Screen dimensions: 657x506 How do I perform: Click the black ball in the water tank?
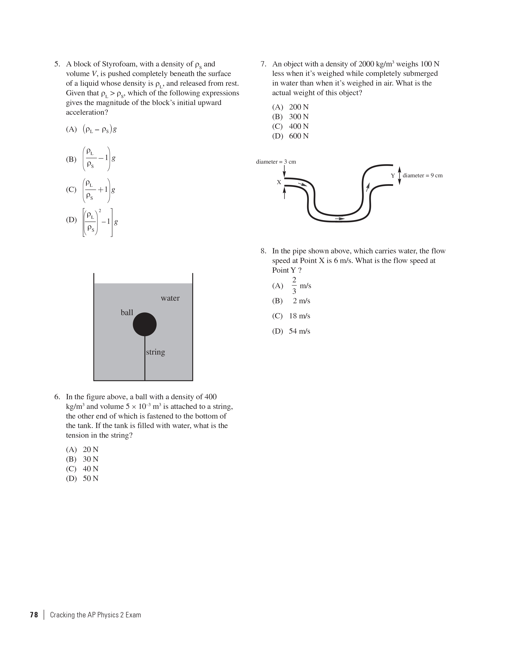(x=145, y=324)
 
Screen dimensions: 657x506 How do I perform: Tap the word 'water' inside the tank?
(x=170, y=298)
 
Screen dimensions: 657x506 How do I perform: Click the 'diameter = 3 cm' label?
(x=276, y=162)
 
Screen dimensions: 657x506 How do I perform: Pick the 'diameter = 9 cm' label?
(x=422, y=175)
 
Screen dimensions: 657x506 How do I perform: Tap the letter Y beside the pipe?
(x=393, y=176)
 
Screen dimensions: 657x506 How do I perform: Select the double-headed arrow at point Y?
(x=400, y=175)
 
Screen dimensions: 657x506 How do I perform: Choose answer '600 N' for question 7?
(x=299, y=136)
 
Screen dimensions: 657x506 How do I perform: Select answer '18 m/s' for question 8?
(x=299, y=316)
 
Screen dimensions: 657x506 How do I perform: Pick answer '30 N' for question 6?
(x=91, y=459)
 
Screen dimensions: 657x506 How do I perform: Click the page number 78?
(x=34, y=615)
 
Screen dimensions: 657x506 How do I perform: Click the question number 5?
(x=57, y=64)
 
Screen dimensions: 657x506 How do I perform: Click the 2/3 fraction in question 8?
(x=294, y=286)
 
